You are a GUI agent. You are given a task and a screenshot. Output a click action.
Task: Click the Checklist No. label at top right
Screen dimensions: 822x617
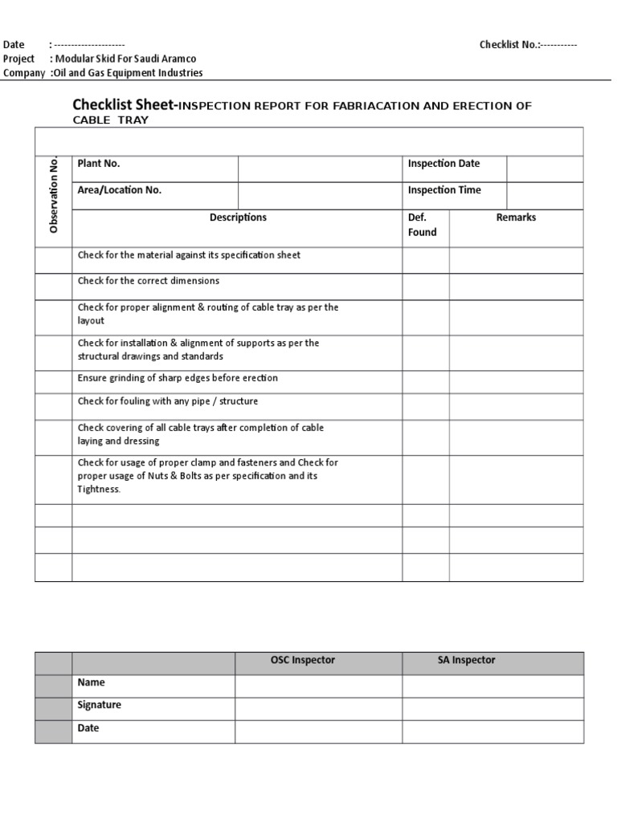coord(510,44)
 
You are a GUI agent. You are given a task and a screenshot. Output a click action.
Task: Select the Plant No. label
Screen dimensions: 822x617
coord(99,164)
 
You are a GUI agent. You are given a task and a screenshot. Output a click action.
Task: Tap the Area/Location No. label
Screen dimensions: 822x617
coord(120,190)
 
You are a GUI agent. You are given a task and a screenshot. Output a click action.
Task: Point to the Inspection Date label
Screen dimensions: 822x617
coord(443,164)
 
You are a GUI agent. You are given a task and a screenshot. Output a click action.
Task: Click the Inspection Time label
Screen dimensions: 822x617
coord(444,190)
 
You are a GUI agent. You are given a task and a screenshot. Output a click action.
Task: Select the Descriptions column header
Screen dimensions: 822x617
coord(238,218)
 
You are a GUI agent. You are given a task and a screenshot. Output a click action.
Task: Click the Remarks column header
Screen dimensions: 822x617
coord(516,218)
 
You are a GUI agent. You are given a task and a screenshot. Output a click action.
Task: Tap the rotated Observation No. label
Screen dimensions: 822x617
coord(54,195)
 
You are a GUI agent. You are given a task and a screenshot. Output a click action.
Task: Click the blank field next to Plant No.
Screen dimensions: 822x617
coord(320,169)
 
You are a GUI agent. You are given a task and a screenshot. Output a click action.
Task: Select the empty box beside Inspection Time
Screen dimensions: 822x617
coord(544,196)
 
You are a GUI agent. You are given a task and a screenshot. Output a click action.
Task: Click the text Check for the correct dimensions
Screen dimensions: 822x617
coord(149,282)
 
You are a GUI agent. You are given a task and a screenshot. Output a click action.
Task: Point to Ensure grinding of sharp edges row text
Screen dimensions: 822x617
coord(178,378)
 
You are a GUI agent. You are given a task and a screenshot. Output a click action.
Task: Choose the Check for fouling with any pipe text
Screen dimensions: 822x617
coord(168,401)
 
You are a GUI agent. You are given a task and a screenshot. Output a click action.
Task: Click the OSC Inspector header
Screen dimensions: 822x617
coord(302,661)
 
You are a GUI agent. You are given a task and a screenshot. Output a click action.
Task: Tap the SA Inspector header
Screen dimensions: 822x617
coord(460,661)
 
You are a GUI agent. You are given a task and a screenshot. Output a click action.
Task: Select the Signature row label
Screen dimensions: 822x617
coord(100,706)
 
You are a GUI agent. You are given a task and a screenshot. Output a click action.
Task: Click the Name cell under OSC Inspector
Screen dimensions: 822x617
coord(318,686)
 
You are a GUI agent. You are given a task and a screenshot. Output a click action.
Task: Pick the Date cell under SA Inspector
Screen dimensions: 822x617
coord(492,731)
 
